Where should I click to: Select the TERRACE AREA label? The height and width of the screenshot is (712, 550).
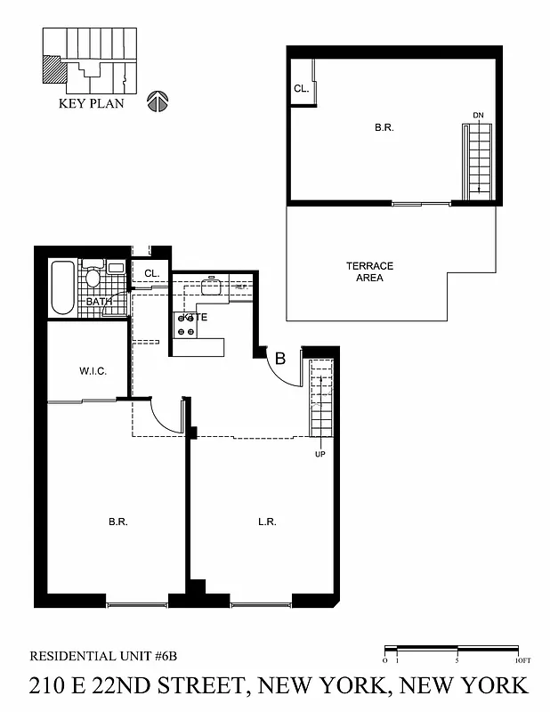369,271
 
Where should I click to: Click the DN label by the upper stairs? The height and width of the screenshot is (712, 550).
478,117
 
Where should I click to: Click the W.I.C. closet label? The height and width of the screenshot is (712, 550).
93,371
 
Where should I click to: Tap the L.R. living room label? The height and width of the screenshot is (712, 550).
265,522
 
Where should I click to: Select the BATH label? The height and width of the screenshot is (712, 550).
99,302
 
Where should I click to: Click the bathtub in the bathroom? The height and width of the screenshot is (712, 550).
62,287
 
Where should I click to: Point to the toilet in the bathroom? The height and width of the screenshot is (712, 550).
93,277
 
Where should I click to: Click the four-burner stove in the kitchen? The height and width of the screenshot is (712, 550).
186,325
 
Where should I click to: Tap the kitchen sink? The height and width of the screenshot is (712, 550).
212,287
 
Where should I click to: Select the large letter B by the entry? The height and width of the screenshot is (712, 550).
279,360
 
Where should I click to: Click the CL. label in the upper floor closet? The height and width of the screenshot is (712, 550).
301,89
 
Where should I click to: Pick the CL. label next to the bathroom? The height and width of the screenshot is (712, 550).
151,274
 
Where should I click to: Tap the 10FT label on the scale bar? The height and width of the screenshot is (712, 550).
522,660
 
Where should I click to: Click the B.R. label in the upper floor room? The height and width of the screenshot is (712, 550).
384,128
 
